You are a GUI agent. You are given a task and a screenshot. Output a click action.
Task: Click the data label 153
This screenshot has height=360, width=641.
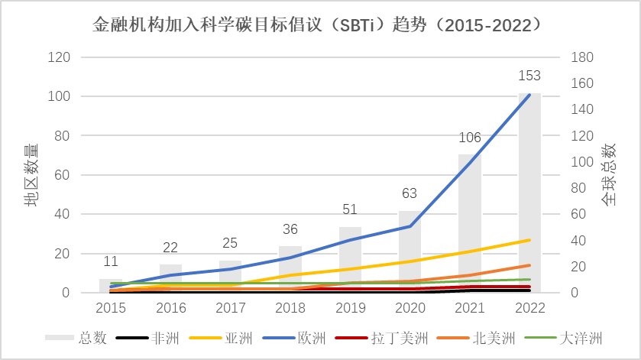[x=529, y=76]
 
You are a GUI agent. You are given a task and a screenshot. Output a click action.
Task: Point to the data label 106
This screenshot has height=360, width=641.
[x=470, y=138]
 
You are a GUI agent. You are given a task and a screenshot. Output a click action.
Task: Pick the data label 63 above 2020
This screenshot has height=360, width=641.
[x=410, y=193]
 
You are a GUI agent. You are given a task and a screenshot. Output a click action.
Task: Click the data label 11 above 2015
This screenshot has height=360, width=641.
[x=111, y=262]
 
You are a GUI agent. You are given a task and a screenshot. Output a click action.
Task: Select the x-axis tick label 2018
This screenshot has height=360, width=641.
[x=290, y=306]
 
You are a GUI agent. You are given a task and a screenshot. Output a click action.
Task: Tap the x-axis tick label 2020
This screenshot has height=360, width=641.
[x=410, y=306]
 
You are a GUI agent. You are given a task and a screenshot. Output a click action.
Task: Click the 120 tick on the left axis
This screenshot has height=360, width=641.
[x=59, y=57]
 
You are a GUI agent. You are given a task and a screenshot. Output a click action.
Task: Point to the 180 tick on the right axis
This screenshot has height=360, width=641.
[x=584, y=57]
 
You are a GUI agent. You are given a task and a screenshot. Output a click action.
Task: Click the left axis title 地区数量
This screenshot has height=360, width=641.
[x=31, y=175]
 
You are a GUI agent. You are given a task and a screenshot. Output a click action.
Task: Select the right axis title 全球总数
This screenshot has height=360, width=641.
[x=609, y=175]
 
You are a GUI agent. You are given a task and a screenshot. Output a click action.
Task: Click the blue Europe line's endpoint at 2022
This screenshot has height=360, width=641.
[x=529, y=95]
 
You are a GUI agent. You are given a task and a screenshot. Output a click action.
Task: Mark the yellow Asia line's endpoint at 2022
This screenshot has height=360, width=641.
[x=529, y=240]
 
